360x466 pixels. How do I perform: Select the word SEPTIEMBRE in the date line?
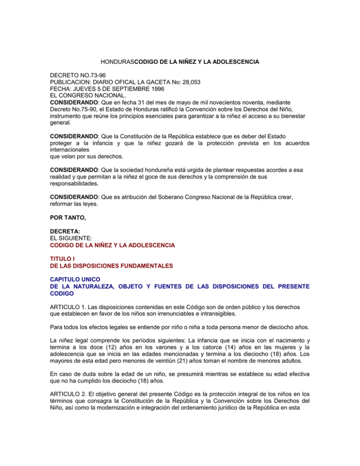[133, 89]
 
